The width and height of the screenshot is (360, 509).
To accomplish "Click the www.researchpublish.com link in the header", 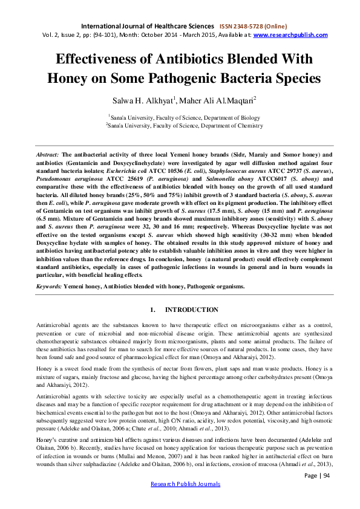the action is (290, 35).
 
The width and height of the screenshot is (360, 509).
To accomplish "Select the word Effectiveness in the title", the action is (99, 59).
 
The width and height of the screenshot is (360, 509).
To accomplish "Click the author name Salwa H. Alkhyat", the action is (132, 100).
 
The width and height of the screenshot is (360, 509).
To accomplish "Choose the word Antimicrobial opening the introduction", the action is (53, 325).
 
